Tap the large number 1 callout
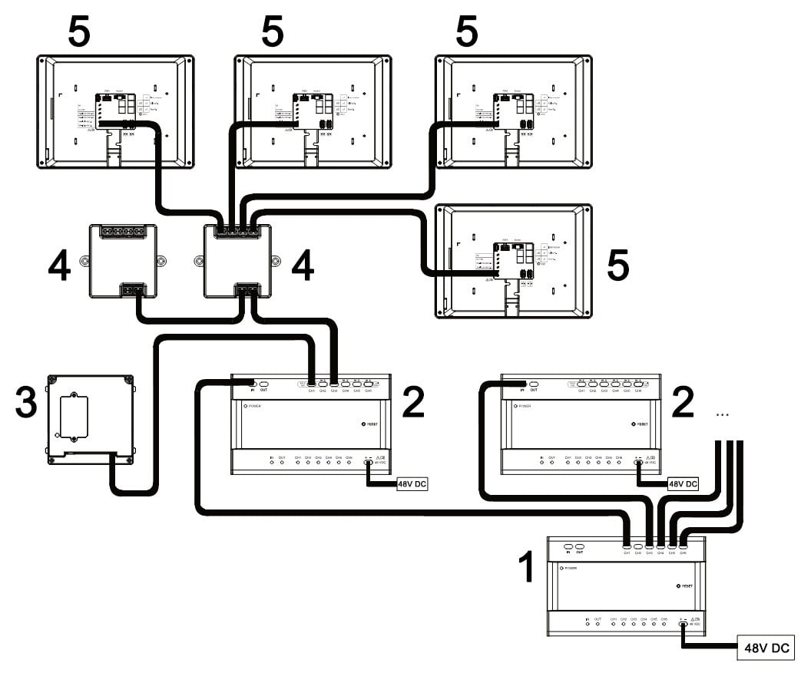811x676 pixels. pyautogui.click(x=525, y=567)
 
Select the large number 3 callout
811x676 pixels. pyautogui.click(x=25, y=403)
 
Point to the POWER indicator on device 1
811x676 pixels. pyautogui.click(x=561, y=569)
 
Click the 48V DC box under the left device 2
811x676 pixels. pyautogui.click(x=415, y=486)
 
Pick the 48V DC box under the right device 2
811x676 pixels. pyautogui.click(x=683, y=484)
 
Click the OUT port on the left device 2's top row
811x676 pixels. pyautogui.click(x=263, y=383)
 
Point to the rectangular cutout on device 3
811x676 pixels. pyautogui.click(x=74, y=418)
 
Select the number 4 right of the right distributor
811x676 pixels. pyautogui.click(x=302, y=265)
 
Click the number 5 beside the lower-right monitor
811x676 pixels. pyautogui.click(x=617, y=265)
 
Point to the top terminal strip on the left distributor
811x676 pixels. pyautogui.click(x=123, y=231)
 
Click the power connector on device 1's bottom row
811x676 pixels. pyautogui.click(x=683, y=624)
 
